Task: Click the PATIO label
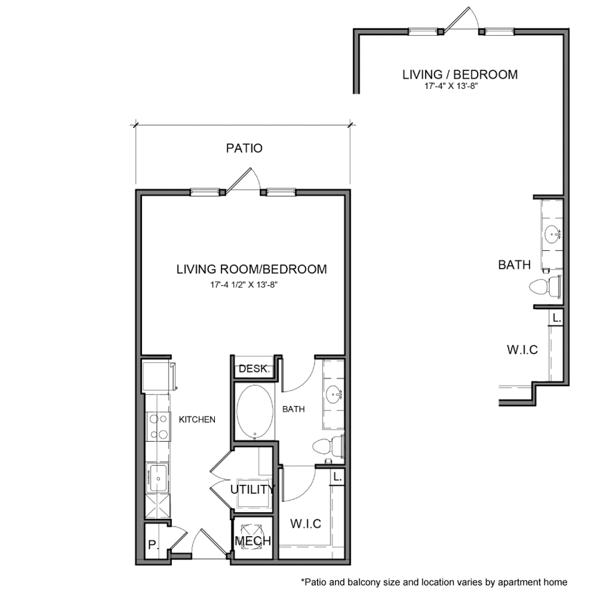(x=244, y=148)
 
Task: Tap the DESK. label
(x=254, y=369)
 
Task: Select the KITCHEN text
(x=197, y=420)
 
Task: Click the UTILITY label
(x=253, y=490)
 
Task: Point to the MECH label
(x=253, y=541)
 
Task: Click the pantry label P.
(x=153, y=545)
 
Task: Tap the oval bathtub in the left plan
(x=255, y=411)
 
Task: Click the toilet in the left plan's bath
(x=328, y=446)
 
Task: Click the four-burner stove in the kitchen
(x=159, y=427)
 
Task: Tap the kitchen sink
(x=158, y=478)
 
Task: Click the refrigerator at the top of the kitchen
(x=159, y=377)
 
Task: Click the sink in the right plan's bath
(x=552, y=233)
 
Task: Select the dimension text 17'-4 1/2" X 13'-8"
(x=244, y=285)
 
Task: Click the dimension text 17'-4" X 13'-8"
(x=451, y=86)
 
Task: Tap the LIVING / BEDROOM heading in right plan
(x=460, y=74)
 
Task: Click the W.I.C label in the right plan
(x=523, y=350)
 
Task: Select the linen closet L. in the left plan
(x=338, y=477)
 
